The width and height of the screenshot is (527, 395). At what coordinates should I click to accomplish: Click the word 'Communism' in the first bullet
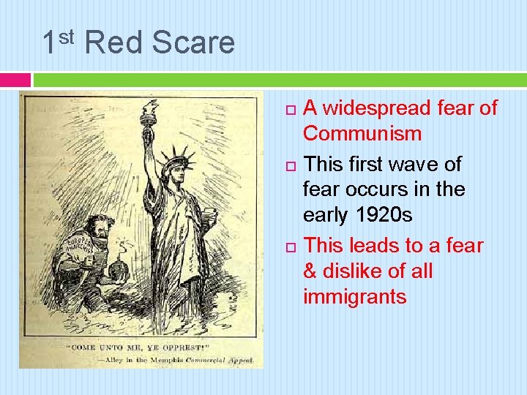pyautogui.click(x=362, y=134)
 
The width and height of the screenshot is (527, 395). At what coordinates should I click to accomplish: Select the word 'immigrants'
pyautogui.click(x=354, y=297)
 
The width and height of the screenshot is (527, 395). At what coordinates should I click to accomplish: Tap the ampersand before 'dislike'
pyautogui.click(x=311, y=271)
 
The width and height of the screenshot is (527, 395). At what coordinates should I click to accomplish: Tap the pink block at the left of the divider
pyautogui.click(x=15, y=79)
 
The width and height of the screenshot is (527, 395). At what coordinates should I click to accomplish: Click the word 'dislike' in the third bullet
pyautogui.click(x=361, y=271)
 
